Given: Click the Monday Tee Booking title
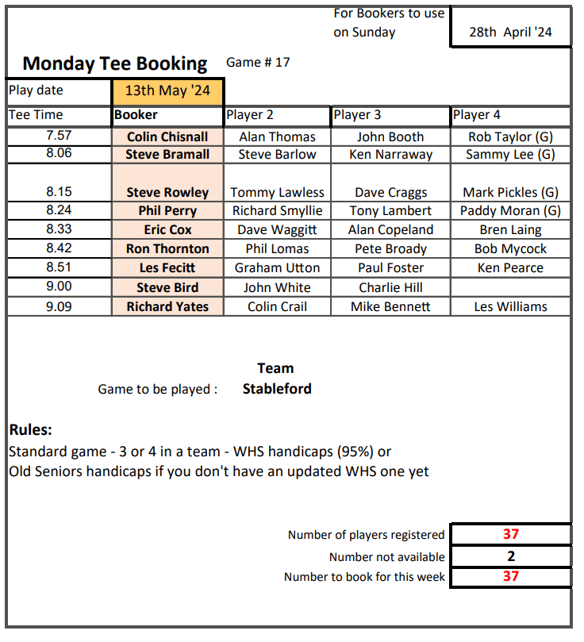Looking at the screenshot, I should point(115,63).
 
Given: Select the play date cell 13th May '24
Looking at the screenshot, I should point(167,90).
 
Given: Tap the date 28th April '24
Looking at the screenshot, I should point(510,33).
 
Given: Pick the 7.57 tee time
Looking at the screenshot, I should point(60,136).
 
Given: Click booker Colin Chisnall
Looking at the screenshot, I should point(167,136).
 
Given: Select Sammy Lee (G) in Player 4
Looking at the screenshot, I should point(510,154).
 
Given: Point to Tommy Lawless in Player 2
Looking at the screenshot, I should point(277,192).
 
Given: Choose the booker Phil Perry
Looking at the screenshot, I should point(167,211).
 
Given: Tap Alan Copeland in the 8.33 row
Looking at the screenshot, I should point(391,230).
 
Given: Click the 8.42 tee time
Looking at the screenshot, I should point(60,248).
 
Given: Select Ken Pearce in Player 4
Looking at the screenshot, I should point(510,267).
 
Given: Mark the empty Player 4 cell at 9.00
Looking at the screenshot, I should point(510,287).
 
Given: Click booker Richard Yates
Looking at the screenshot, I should point(167,306).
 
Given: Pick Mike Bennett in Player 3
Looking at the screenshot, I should point(391,306).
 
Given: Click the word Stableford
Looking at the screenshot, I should point(277,389).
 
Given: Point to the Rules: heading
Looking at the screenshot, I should point(31,430).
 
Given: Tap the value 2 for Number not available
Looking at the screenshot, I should point(510,556).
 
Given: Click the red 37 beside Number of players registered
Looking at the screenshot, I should point(510,535).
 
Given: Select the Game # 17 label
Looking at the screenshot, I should point(258,63).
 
